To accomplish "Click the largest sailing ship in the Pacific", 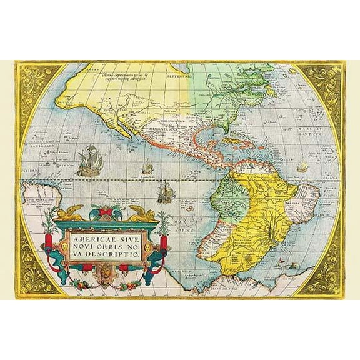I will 89,161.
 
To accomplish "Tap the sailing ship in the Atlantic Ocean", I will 302,167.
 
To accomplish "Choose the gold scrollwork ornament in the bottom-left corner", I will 34,275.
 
